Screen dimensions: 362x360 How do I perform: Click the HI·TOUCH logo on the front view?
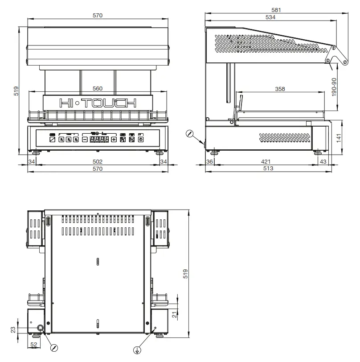98,103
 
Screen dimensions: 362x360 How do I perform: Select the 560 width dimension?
98,88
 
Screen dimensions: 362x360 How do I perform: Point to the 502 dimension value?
98,161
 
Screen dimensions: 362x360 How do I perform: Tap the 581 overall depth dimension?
276,9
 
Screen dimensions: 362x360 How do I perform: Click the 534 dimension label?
270,17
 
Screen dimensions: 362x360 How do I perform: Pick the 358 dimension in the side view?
280,89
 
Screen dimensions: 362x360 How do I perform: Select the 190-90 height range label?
340,87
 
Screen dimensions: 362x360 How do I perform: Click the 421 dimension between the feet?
266,161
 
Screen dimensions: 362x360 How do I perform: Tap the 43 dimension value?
323,161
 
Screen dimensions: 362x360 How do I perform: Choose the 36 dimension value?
210,161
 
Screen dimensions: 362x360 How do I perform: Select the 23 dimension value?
13,329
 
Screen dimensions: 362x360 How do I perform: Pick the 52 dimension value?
34,344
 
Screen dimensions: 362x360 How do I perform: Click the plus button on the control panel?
114,140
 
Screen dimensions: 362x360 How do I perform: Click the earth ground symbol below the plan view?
139,349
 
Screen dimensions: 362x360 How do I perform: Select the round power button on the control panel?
141,140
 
